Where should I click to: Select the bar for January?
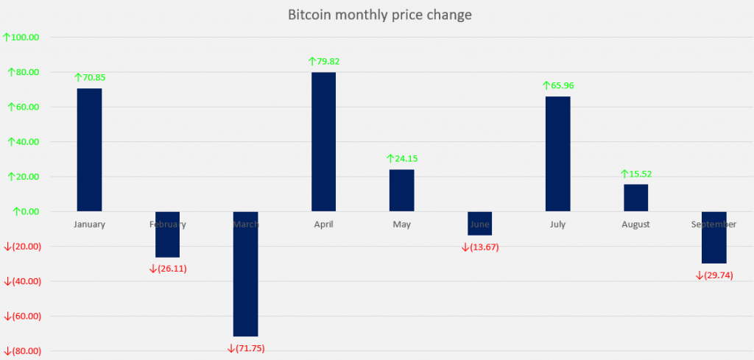click(x=90, y=149)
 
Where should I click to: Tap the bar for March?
click(x=245, y=274)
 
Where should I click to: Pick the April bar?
click(x=323, y=141)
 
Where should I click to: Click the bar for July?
click(x=557, y=154)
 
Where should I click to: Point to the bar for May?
click(x=401, y=190)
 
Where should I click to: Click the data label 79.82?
click(x=324, y=62)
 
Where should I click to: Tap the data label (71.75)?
click(x=246, y=347)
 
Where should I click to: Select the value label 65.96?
click(x=558, y=85)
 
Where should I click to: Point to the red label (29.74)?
click(x=714, y=275)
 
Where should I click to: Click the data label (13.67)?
click(x=480, y=247)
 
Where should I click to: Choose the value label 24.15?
click(x=402, y=158)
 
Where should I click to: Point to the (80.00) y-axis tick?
click(x=22, y=351)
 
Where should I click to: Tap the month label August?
click(x=635, y=225)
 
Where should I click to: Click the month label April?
click(x=323, y=225)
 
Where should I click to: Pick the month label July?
click(x=557, y=225)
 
